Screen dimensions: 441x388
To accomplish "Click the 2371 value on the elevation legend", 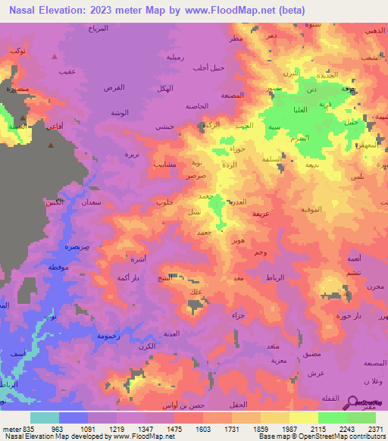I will (375, 429).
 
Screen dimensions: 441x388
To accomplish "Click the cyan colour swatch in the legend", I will (45, 418).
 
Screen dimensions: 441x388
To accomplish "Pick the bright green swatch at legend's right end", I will (361, 418).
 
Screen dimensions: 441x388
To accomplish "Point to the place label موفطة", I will (59, 269).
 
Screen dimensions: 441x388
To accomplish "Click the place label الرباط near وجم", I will (276, 279).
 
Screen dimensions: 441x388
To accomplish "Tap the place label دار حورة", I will (346, 314).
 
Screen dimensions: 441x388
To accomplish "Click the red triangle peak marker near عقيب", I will (54, 57).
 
